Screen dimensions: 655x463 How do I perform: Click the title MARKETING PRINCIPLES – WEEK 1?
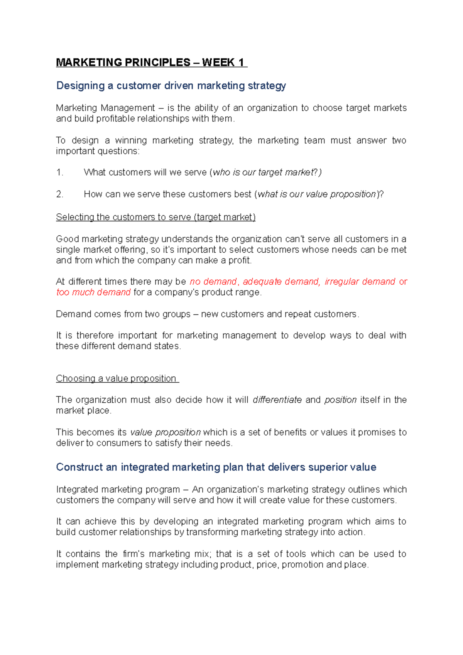pos(151,62)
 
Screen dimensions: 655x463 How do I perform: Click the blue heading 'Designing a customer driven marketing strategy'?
pos(171,86)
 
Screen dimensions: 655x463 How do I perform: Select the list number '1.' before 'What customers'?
pos(60,172)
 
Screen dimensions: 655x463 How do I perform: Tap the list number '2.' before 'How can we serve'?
pos(60,194)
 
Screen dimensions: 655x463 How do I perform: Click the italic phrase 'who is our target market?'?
pos(267,172)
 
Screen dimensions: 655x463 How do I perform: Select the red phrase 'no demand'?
pos(213,282)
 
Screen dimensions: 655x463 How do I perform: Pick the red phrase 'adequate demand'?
pos(281,282)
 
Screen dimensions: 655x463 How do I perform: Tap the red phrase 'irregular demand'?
pos(360,282)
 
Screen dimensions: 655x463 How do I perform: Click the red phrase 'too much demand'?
pos(93,292)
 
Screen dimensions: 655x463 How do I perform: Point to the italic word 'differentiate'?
pos(277,400)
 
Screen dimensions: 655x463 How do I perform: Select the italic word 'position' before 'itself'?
pos(340,400)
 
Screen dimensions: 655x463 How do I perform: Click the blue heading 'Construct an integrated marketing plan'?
pos(216,467)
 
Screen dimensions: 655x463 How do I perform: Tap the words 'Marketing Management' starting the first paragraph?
pos(105,108)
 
